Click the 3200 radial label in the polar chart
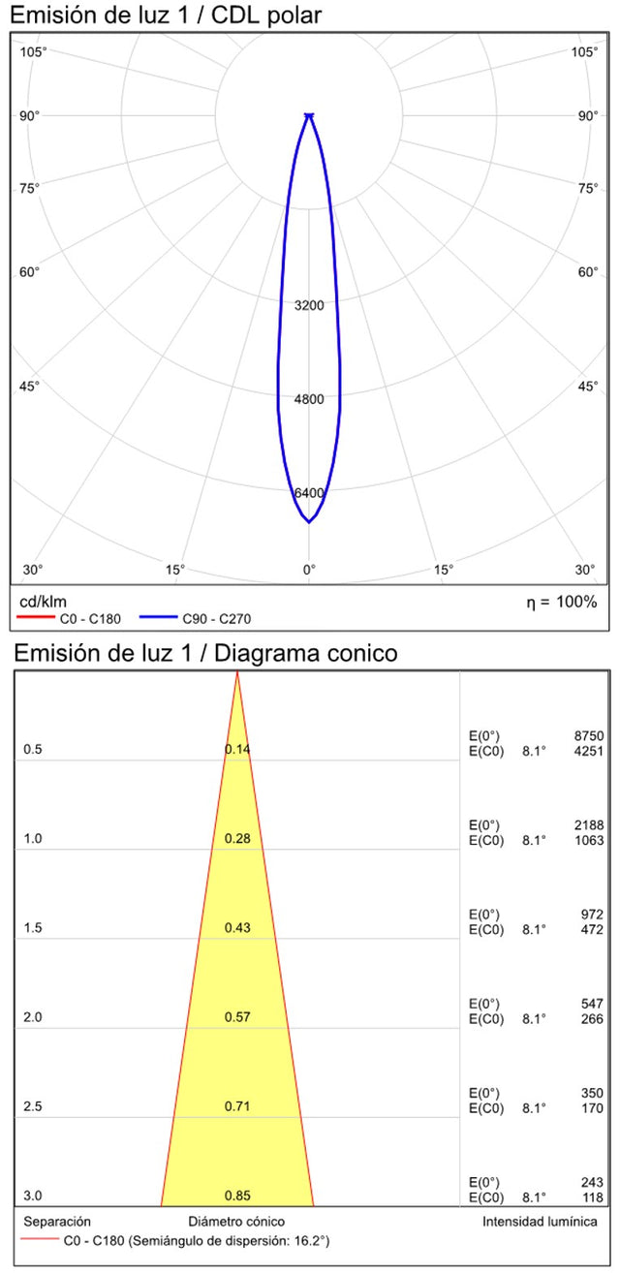pos(309,305)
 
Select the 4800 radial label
pos(309,399)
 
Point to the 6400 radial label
pos(309,493)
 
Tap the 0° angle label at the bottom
pos(309,570)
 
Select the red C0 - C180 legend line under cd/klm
pos(36,616)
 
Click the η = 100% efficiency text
pos(561,602)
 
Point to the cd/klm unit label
pos(43,602)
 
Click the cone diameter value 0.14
pos(237,749)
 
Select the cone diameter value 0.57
pos(237,1017)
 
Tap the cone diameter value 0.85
pos(237,1195)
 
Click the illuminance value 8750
pos(588,736)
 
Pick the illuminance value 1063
pos(588,840)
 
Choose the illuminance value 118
pos(592,1196)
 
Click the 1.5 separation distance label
pos(33,928)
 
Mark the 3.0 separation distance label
pos(33,1195)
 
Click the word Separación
pos(57,1222)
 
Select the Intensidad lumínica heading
pos(540,1222)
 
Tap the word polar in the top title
pos(294,16)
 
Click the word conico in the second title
pos(359,654)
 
